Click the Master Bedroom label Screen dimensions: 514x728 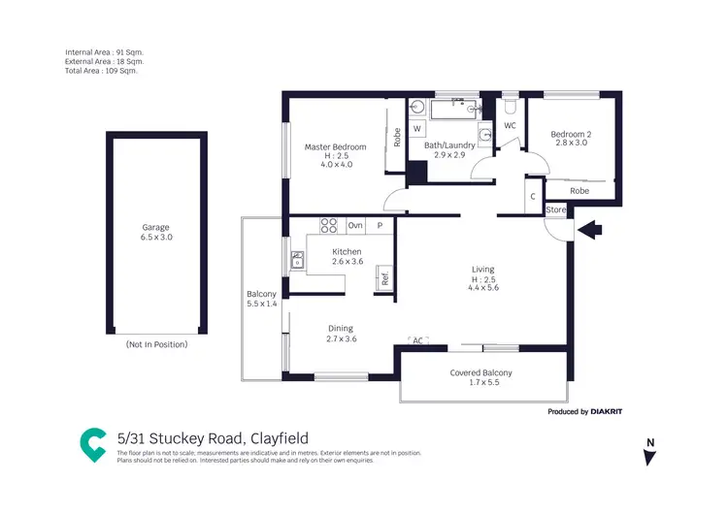[x=335, y=146]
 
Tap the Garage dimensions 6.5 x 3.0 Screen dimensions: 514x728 [x=155, y=237]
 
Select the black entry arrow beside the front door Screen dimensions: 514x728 [x=590, y=230]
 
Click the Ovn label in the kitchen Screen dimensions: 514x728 [x=356, y=226]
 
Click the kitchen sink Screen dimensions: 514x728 [x=297, y=260]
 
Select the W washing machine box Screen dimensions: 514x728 [x=417, y=129]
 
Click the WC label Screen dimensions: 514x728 [x=511, y=126]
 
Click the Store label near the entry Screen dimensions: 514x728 [x=555, y=209]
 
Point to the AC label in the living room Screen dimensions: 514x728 [x=418, y=341]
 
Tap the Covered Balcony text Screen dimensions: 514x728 [x=480, y=372]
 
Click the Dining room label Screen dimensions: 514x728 [x=340, y=329]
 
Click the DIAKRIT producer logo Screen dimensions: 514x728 [x=601, y=412]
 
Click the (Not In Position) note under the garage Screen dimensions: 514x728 [x=156, y=344]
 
